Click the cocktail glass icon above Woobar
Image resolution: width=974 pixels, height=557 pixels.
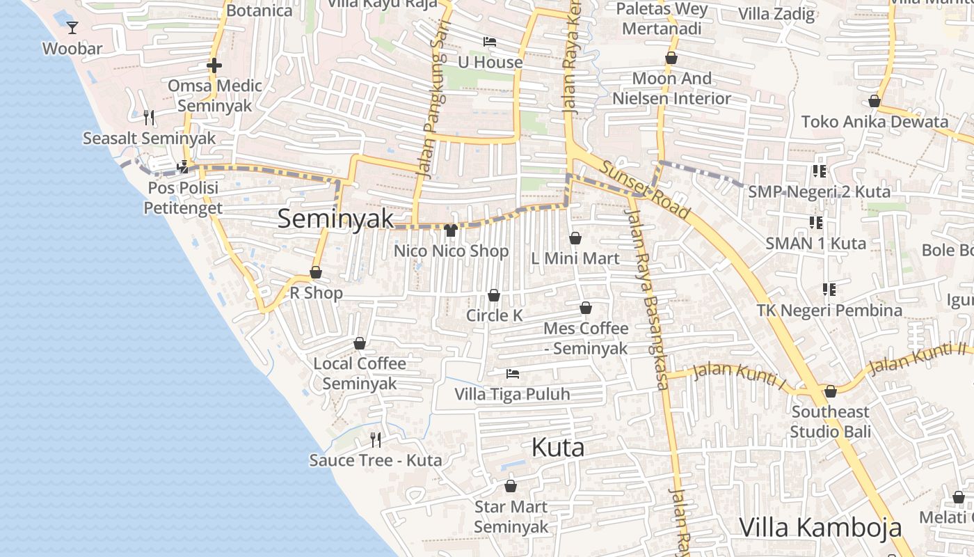[72, 28]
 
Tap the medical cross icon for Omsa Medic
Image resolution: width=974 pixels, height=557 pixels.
[214, 65]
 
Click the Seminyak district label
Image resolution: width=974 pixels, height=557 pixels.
[335, 219]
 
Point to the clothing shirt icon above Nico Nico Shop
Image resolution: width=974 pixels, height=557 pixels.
[451, 230]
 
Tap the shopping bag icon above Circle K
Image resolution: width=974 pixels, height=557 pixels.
[494, 295]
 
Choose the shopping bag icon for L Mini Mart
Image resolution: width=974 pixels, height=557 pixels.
[575, 238]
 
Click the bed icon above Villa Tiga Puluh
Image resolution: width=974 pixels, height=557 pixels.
[513, 374]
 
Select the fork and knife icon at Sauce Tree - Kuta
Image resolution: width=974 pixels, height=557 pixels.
[376, 439]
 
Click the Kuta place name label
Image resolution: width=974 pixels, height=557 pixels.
[558, 448]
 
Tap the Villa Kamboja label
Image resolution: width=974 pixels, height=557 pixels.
[820, 527]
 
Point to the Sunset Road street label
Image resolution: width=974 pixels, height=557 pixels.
[645, 189]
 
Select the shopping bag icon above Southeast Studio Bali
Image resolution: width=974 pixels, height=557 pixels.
[830, 391]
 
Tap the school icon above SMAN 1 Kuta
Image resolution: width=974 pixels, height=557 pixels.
[816, 223]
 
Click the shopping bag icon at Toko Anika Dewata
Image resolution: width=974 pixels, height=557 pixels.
[875, 102]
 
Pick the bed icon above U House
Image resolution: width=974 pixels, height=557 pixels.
[490, 42]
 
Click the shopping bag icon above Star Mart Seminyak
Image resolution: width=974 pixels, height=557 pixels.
[511, 486]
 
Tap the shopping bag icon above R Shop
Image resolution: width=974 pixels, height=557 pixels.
[316, 272]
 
